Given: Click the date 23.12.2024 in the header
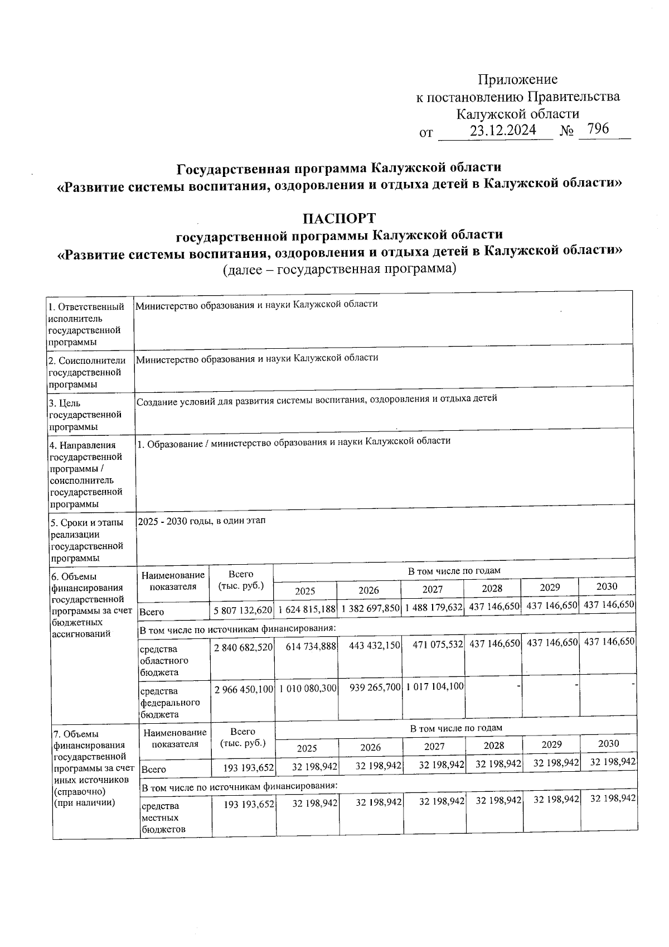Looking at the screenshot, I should [x=503, y=131].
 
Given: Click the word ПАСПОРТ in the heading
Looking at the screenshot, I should [x=339, y=218].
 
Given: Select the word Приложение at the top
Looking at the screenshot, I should [x=518, y=80].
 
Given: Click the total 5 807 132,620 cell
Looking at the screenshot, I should [x=242, y=610].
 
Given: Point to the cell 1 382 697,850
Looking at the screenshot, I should [x=370, y=608].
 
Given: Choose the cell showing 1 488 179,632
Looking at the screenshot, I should [x=434, y=607].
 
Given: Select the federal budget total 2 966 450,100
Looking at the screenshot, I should [x=243, y=689].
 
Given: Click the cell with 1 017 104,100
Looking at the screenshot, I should [x=435, y=686].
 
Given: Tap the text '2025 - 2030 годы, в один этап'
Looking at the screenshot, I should [x=201, y=521].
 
